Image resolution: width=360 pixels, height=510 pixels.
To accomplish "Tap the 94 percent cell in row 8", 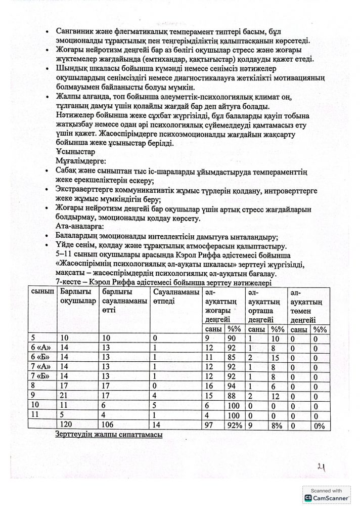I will tap(232, 386).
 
